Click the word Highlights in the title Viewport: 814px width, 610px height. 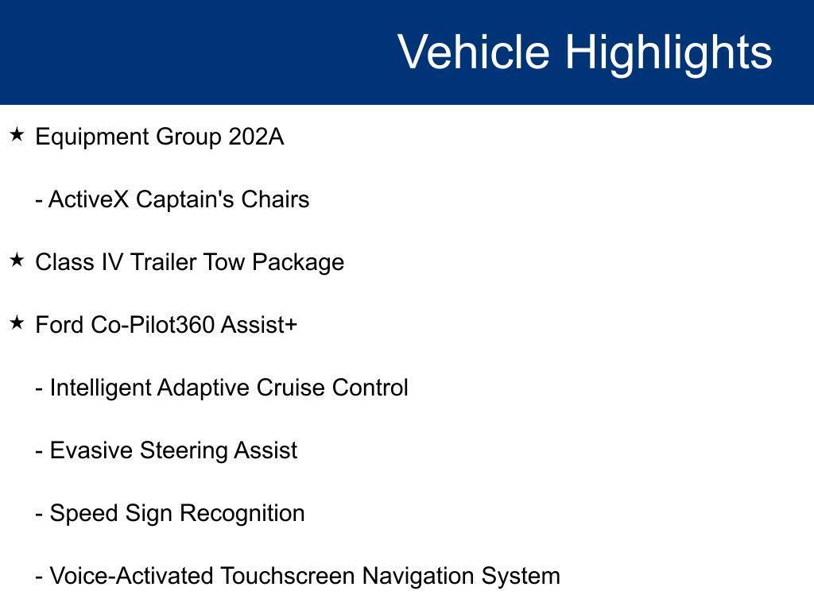click(x=669, y=52)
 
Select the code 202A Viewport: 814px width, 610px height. click(x=256, y=137)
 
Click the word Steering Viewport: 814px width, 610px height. click(x=184, y=450)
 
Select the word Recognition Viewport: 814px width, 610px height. click(x=242, y=513)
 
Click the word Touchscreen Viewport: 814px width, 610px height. click(x=288, y=576)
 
